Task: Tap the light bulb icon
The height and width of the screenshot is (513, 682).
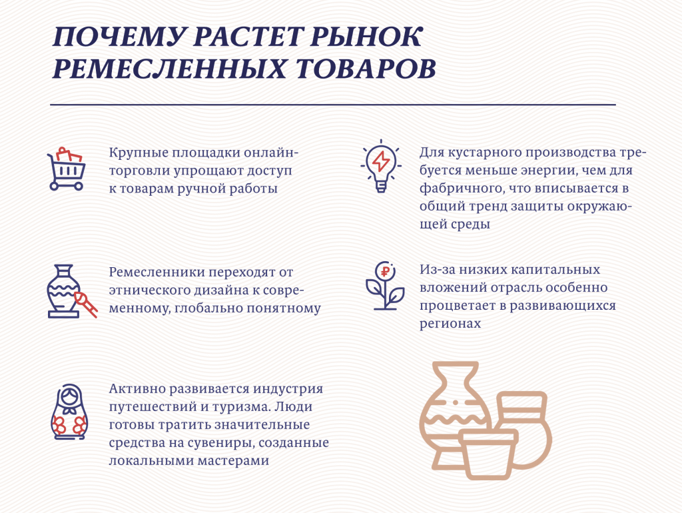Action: click(381, 166)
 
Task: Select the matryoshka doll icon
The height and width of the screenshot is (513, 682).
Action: click(69, 412)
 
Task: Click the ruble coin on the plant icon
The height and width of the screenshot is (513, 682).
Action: click(385, 272)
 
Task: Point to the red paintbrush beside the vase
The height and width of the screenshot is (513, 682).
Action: click(86, 304)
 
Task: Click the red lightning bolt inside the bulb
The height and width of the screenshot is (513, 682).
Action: click(381, 161)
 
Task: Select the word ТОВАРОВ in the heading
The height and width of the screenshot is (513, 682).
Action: click(366, 69)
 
